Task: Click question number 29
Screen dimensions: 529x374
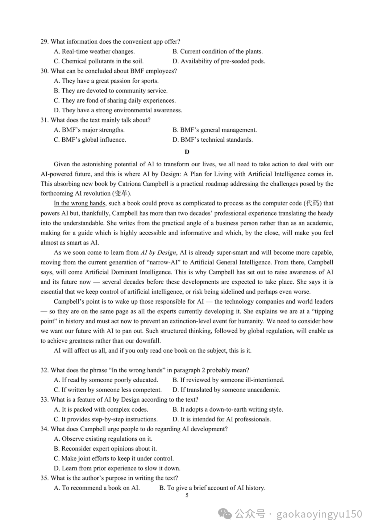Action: tap(45, 42)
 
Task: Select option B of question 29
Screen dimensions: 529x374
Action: tap(217, 52)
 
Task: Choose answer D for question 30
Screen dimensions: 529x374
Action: tap(118, 110)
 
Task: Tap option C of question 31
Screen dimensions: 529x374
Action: tap(90, 140)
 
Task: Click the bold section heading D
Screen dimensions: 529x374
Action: tap(187, 152)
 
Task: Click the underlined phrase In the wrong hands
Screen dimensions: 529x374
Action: tap(80, 203)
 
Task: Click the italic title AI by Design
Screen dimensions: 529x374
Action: tap(158, 253)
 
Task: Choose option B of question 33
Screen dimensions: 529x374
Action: tap(228, 409)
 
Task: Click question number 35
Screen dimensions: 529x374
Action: tap(45, 478)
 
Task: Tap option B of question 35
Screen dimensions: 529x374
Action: tap(212, 488)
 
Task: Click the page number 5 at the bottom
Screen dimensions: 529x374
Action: tap(187, 495)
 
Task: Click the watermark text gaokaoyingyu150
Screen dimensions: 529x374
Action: tap(319, 514)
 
